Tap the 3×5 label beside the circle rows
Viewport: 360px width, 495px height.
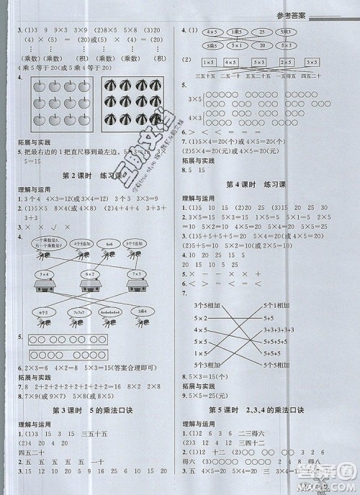pyautogui.click(x=194, y=96)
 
